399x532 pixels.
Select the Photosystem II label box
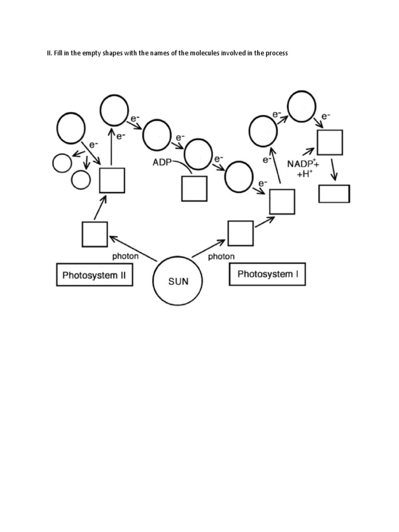94,275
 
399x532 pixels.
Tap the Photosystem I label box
267,274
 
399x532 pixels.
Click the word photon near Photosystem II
126,256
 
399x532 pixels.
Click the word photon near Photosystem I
221,256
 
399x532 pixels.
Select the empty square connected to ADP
194,188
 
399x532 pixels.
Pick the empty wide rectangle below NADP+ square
334,194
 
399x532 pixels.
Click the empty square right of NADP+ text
330,142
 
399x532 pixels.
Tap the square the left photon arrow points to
95,234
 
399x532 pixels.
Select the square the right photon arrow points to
241,233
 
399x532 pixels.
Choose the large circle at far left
71,128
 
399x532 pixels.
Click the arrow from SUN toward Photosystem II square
133,248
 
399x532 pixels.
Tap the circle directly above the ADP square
198,154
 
